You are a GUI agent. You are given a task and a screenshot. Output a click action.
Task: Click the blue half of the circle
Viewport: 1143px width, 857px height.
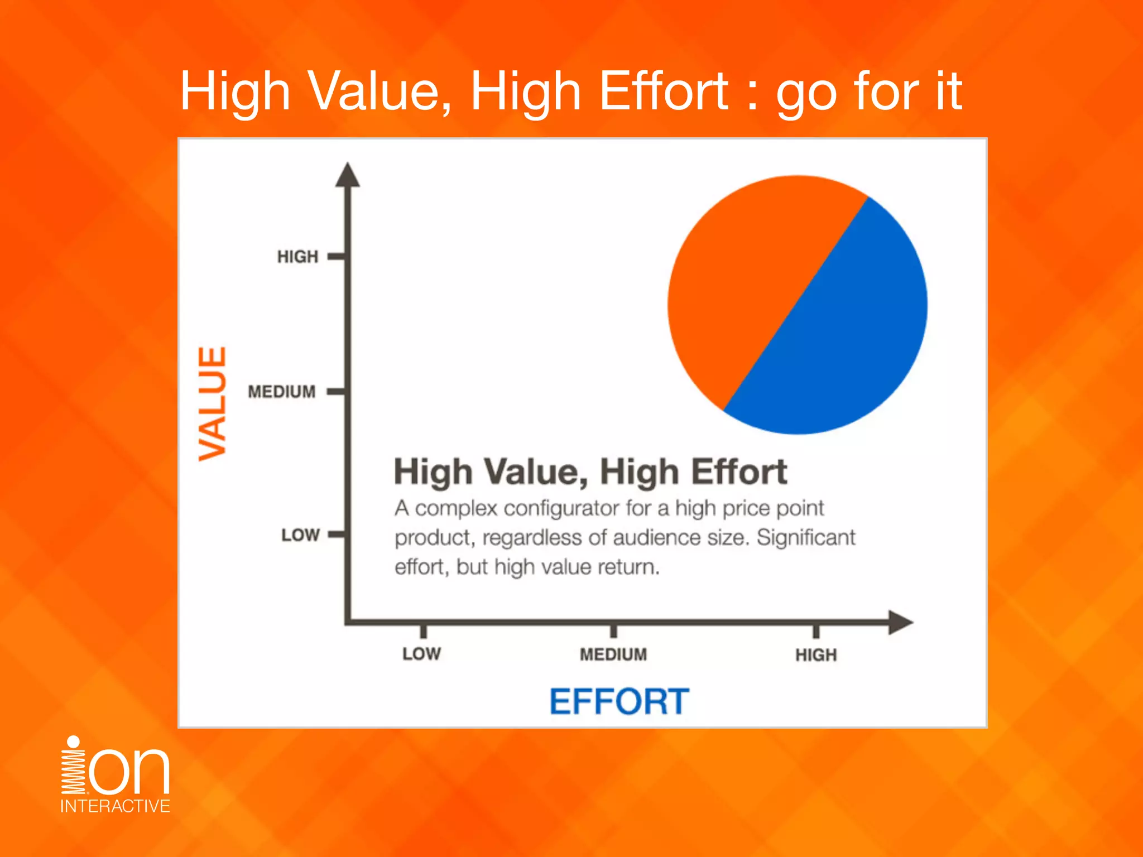coord(848,335)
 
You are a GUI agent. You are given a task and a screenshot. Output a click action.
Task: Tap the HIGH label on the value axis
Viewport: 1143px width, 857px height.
coord(297,257)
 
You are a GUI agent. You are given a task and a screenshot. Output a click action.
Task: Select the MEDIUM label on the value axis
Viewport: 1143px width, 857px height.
coord(282,392)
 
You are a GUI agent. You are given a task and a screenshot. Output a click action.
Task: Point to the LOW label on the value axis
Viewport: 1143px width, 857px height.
coord(300,535)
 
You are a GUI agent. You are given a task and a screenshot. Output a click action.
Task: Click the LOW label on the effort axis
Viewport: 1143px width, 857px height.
coord(421,654)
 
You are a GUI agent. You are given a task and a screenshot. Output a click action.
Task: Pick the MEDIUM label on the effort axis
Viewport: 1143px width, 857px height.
coord(613,654)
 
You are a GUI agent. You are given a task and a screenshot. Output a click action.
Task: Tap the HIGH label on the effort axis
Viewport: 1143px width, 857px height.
coord(816,655)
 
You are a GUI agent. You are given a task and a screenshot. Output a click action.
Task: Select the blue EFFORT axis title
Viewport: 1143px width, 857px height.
coord(619,701)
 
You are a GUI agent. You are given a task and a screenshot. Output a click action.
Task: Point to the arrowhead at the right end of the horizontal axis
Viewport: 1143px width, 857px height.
coord(900,622)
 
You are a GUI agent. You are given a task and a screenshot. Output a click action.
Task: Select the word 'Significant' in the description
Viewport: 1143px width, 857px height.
coord(805,537)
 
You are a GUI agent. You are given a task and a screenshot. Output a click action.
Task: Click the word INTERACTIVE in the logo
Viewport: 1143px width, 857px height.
coord(115,806)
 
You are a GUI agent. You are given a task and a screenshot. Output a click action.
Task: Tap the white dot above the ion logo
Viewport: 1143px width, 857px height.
coord(73,742)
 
